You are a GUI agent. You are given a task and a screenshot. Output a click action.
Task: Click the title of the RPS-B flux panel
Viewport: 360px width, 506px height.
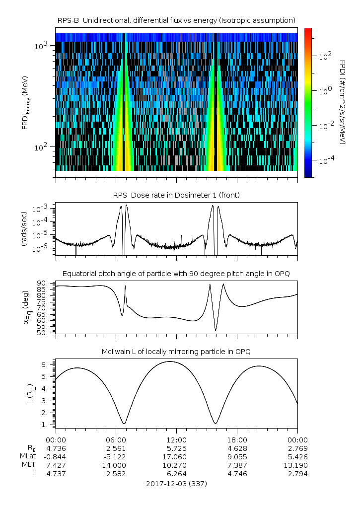pos(176,20)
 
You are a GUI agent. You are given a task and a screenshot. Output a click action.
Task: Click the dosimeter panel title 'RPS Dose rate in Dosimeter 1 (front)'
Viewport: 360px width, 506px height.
pos(176,195)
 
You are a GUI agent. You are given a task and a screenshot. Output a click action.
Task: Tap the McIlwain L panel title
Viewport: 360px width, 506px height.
pos(176,352)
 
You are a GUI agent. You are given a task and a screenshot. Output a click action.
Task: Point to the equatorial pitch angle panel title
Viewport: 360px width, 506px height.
pos(176,274)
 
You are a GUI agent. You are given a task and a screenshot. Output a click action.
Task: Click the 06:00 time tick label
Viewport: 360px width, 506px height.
pos(116,440)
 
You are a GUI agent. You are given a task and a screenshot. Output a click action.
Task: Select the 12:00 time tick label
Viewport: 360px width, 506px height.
pos(176,440)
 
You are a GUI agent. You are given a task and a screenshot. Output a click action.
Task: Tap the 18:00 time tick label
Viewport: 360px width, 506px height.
pos(237,440)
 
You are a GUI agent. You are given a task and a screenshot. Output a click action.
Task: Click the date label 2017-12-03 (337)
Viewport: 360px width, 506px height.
pos(176,484)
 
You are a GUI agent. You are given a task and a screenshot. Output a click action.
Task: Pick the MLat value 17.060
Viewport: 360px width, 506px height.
pos(176,457)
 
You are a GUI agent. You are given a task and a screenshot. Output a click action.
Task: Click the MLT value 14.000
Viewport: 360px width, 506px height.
pos(116,465)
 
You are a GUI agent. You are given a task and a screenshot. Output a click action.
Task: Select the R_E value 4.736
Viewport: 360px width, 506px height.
pos(56,448)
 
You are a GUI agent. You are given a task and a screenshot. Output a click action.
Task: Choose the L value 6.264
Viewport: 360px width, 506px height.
pos(176,474)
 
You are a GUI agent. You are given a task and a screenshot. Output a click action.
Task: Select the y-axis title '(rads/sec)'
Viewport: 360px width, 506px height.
pos(24,229)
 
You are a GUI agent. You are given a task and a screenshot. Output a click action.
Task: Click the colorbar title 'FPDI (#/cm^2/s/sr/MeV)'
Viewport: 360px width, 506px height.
pos(343,102)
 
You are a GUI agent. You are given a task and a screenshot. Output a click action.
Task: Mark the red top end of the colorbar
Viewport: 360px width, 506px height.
pos(308,30)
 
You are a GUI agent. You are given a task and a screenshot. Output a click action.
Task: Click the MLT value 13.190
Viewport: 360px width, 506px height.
pos(297,465)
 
